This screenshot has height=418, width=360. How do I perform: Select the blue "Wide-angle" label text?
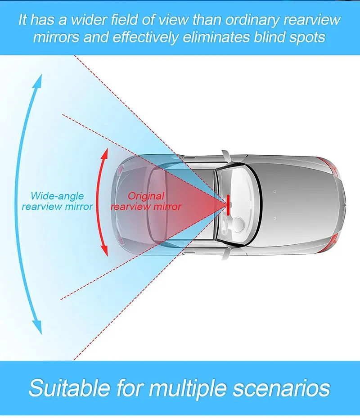click(57, 196)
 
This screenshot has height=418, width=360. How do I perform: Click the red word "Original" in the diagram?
click(146, 196)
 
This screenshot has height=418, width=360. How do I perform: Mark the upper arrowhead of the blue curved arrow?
click(39, 80)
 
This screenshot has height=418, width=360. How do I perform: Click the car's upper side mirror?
click(227, 154)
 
